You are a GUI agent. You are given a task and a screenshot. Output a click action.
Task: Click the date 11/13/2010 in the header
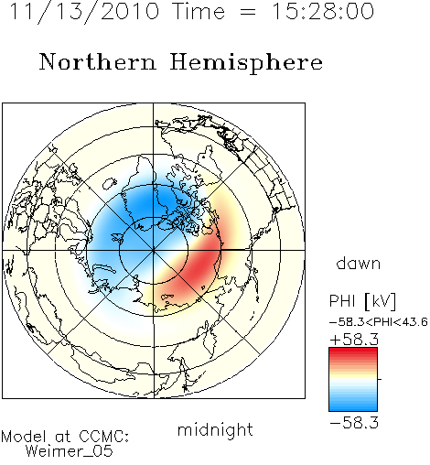[84, 11]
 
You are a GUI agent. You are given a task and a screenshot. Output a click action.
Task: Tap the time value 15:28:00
[322, 11]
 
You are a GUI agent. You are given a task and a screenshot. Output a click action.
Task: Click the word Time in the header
[199, 11]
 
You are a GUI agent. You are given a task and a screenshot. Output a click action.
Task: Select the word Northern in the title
[98, 62]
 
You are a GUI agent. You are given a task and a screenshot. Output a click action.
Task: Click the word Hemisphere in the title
[246, 63]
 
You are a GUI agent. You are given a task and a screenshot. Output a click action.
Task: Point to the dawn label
[359, 263]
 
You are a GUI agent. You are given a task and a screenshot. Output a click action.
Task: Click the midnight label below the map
[215, 429]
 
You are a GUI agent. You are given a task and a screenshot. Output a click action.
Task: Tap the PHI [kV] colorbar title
[362, 301]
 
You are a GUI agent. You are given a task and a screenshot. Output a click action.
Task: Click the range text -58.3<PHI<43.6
[379, 322]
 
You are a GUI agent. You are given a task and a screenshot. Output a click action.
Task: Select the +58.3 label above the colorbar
[354, 340]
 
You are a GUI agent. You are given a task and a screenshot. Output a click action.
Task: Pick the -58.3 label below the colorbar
[354, 423]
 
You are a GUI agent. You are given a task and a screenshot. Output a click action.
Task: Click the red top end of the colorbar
[353, 351]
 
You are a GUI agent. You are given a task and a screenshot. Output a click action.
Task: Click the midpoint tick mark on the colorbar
[380, 379]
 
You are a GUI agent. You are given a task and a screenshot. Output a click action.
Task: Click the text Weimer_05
[70, 451]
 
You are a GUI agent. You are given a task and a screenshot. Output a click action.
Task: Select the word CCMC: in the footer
[103, 437]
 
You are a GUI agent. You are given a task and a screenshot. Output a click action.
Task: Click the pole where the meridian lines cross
[154, 250]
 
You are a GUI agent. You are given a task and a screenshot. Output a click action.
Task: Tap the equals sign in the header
[248, 12]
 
